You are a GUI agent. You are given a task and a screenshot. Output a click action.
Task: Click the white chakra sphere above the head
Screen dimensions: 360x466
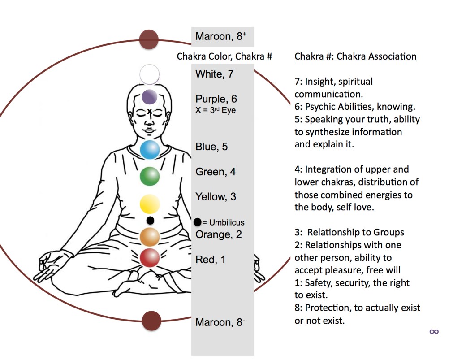pyautogui.click(x=149, y=74)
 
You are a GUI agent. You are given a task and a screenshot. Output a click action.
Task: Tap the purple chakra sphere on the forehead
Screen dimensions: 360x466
pyautogui.click(x=149, y=97)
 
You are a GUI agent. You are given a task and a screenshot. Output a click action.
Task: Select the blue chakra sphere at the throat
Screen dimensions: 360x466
pyautogui.click(x=150, y=150)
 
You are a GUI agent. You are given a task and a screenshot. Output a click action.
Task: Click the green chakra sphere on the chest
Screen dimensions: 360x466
pyautogui.click(x=150, y=176)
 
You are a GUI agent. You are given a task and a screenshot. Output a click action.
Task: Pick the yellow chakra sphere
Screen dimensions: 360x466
pyautogui.click(x=150, y=204)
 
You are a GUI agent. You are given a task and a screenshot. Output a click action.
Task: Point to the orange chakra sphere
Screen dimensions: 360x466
pyautogui.click(x=150, y=237)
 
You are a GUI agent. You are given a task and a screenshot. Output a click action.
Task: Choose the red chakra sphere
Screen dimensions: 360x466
pyautogui.click(x=150, y=258)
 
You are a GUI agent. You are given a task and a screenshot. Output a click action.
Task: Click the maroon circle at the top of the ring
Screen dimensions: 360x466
pyautogui.click(x=149, y=39)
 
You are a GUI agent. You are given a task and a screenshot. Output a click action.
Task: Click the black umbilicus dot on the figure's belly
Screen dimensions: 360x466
pyautogui.click(x=150, y=220)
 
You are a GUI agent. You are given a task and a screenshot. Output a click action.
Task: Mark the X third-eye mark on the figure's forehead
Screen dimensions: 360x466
pyautogui.click(x=149, y=111)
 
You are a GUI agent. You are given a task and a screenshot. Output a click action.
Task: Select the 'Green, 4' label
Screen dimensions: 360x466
pyautogui.click(x=216, y=172)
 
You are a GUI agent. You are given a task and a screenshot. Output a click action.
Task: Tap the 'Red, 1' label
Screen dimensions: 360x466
pyautogui.click(x=211, y=259)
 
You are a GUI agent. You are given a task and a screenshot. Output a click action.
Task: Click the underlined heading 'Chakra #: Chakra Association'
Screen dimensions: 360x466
pyautogui.click(x=355, y=56)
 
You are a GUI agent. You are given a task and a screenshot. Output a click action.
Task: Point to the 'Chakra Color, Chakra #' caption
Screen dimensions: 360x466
pyautogui.click(x=224, y=56)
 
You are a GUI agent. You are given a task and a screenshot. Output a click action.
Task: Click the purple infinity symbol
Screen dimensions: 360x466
pyautogui.click(x=434, y=331)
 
